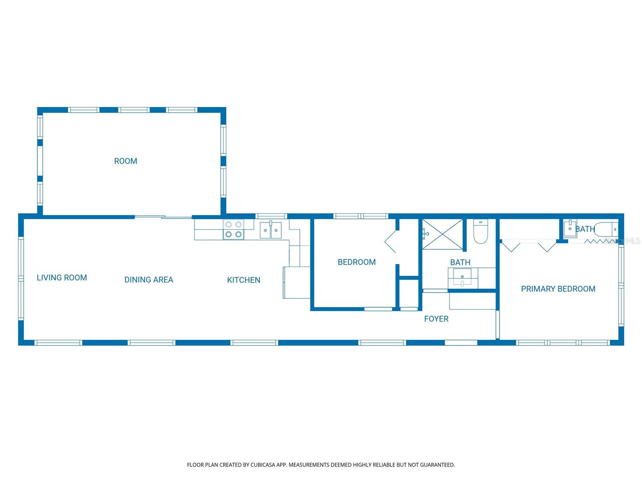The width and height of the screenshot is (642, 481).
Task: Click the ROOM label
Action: (126, 161)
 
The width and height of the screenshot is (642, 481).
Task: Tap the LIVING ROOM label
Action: (62, 277)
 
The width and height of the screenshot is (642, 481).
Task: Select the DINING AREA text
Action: (148, 280)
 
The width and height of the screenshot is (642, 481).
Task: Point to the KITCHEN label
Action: (244, 280)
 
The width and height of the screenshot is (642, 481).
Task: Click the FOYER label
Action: (436, 319)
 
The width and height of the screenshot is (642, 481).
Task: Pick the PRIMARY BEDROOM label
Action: (558, 289)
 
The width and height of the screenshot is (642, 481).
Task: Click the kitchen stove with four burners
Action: (234, 230)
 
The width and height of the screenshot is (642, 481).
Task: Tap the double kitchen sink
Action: (271, 230)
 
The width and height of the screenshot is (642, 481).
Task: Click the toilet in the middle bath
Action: (480, 232)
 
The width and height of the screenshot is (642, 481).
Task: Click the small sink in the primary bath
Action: (570, 229)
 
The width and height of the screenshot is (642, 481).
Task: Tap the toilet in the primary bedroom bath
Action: (607, 230)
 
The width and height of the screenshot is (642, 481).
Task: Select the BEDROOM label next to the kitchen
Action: (356, 262)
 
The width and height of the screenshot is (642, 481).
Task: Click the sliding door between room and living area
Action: (163, 217)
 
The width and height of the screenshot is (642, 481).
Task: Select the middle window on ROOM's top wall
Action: (134, 110)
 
